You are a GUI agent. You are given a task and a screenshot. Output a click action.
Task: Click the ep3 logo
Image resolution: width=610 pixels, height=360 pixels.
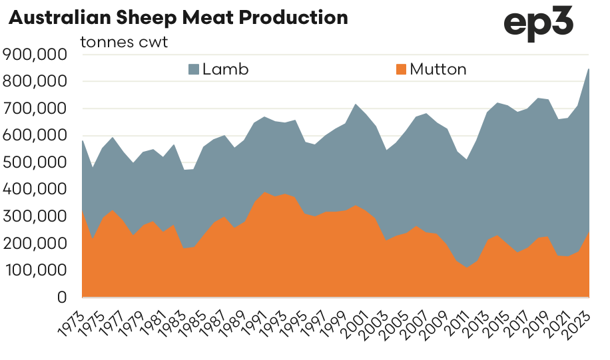coord(538,25)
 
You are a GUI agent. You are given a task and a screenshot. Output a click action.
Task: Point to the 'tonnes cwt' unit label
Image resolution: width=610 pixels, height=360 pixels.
coord(124,42)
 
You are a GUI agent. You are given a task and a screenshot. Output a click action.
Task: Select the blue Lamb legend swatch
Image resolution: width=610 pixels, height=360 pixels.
coord(193,69)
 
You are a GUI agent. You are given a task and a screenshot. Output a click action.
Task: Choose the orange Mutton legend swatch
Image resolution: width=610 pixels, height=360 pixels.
coord(400,69)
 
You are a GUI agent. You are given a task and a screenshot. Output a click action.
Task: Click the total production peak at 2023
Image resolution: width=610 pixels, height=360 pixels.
coord(589,69)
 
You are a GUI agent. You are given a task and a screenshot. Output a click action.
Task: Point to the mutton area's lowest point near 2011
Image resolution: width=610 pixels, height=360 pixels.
coord(467,268)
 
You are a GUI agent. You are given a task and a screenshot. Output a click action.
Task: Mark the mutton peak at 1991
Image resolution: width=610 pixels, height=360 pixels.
coord(264,192)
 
